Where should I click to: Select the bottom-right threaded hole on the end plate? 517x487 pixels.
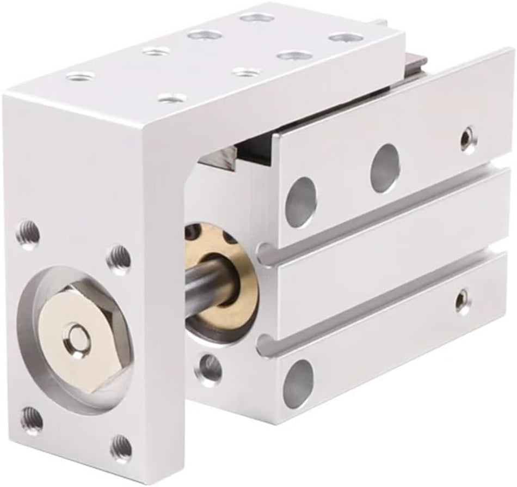point(121,447)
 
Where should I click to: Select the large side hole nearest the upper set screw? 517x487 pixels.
point(385,163)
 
